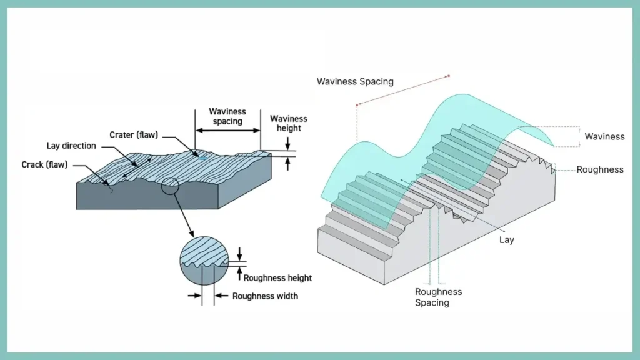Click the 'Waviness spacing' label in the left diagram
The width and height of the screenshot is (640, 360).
click(x=227, y=116)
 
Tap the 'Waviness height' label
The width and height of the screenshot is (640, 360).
click(x=288, y=123)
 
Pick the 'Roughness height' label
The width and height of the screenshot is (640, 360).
click(x=277, y=278)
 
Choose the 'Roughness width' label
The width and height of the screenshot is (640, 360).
click(x=265, y=296)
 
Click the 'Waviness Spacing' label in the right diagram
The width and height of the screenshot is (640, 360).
click(x=355, y=81)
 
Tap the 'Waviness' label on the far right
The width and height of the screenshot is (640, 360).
click(x=604, y=136)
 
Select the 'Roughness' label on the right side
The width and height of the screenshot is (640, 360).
click(x=600, y=169)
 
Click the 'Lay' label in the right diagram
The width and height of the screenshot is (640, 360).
click(x=506, y=240)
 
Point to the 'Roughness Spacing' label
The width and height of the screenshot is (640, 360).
click(x=438, y=297)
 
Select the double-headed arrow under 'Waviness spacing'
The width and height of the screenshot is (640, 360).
click(x=228, y=131)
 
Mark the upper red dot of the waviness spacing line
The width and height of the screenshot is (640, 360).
click(x=448, y=76)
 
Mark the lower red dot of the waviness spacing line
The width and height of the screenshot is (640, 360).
click(x=357, y=104)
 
